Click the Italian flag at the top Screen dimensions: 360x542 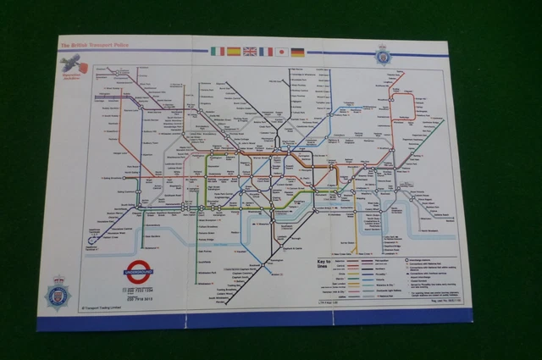coord(218,52)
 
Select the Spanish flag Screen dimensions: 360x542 coord(234,52)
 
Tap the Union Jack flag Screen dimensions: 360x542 coord(250,52)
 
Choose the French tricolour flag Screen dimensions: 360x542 coord(266,52)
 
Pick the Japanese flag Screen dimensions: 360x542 coord(282,52)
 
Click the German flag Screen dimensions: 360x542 coord(298,52)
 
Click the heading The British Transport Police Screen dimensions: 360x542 coord(92,43)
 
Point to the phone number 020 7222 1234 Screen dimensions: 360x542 coord(141,288)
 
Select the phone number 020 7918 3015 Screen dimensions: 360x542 coord(141,298)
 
